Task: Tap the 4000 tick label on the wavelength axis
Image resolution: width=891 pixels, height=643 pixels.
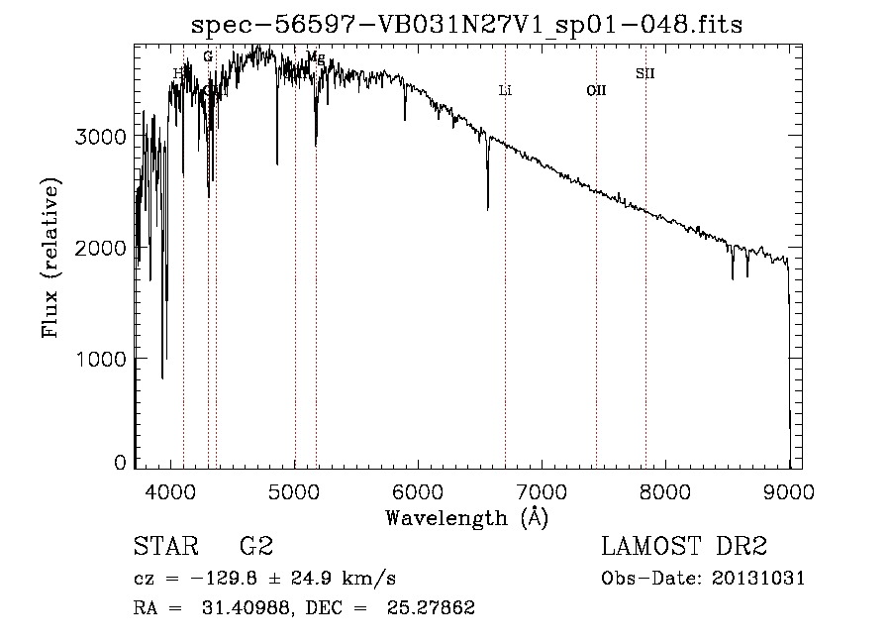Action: pos(171,489)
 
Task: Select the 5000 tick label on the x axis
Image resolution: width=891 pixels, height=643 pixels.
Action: pos(295,489)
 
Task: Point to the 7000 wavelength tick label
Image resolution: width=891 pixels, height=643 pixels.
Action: pos(542,489)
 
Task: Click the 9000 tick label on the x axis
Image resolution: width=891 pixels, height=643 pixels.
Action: pos(789,489)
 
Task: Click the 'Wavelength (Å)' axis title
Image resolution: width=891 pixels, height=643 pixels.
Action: pos(466,516)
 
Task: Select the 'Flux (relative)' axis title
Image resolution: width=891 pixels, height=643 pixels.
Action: pos(50,258)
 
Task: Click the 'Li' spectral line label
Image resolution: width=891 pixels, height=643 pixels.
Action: pos(505,91)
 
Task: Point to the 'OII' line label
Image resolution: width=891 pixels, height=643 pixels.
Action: pos(596,91)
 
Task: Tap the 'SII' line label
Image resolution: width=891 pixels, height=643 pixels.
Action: pos(644,73)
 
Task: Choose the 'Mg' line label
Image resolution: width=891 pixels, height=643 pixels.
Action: pos(316,58)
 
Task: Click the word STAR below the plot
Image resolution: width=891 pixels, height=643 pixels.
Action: pos(163,547)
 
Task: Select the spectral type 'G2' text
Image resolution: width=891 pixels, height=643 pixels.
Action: pos(256,547)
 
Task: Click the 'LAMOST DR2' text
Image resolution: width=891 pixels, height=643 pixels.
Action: pos(684,547)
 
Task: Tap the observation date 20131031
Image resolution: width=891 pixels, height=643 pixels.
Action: pos(762,579)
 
